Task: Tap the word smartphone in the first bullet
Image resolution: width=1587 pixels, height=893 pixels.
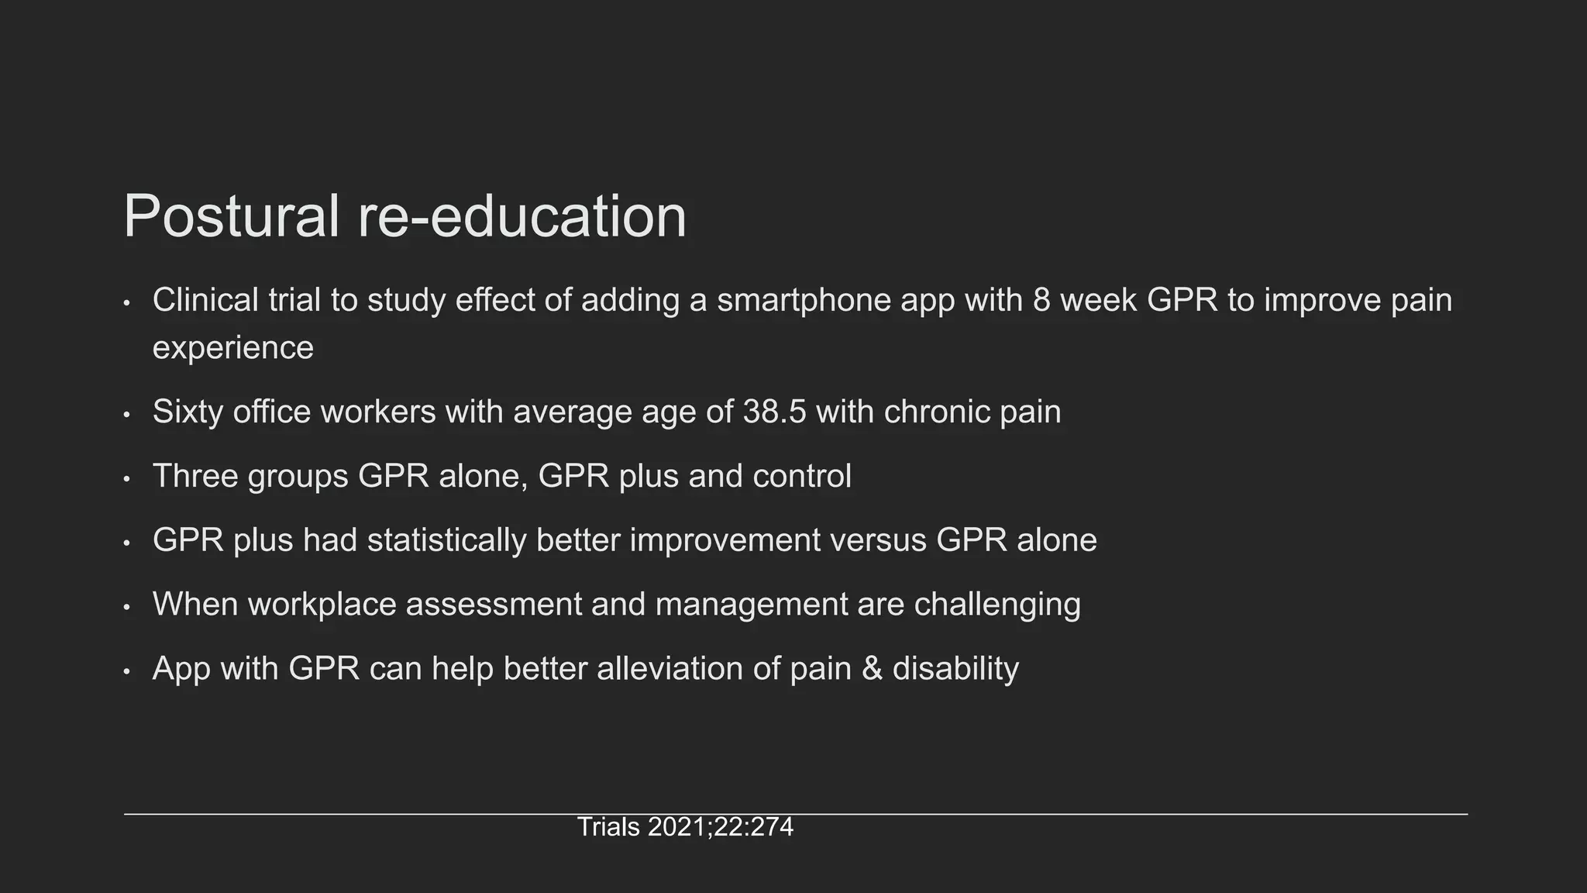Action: pyautogui.click(x=804, y=301)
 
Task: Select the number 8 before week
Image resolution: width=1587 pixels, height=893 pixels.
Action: pyautogui.click(x=1041, y=301)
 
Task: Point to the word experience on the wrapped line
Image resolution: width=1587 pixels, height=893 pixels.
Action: pyautogui.click(x=232, y=348)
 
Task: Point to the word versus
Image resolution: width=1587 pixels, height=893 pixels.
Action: pyautogui.click(x=878, y=540)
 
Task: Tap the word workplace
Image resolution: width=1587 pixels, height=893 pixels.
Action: pyautogui.click(x=322, y=605)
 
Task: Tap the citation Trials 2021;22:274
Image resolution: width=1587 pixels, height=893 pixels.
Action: pyautogui.click(x=685, y=827)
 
